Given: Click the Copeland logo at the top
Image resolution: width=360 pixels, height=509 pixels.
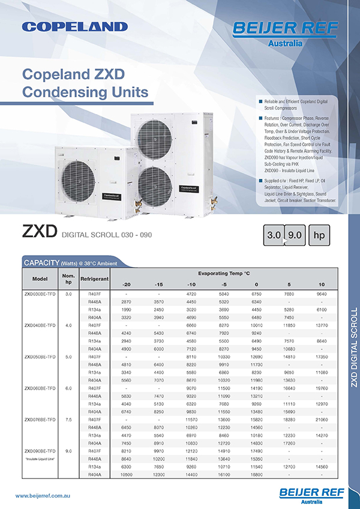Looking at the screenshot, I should tap(74, 26).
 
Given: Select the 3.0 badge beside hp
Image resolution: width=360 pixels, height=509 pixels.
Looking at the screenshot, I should tap(274, 235).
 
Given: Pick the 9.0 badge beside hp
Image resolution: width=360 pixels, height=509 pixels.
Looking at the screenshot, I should tap(295, 235).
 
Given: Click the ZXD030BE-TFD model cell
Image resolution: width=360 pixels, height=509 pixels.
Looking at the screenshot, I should tap(40, 294).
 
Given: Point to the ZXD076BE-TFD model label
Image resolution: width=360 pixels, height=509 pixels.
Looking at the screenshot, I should tap(40, 420).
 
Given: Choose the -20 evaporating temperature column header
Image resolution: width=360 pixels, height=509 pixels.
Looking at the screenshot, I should tap(126, 284).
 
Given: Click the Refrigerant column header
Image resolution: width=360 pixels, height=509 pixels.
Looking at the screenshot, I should tap(94, 280).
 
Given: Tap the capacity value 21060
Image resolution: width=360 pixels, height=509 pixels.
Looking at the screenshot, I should tap(322, 420).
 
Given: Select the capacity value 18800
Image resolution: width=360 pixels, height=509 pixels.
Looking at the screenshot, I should tap(256, 474).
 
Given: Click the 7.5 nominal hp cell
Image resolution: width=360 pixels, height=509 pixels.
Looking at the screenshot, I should tap(68, 420).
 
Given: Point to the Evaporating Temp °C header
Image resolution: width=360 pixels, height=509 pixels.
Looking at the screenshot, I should tap(224, 273).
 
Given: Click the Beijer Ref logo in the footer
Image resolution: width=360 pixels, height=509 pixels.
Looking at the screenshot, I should tap(311, 495).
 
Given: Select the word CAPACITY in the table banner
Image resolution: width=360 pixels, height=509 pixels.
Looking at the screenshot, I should tap(40, 263).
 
